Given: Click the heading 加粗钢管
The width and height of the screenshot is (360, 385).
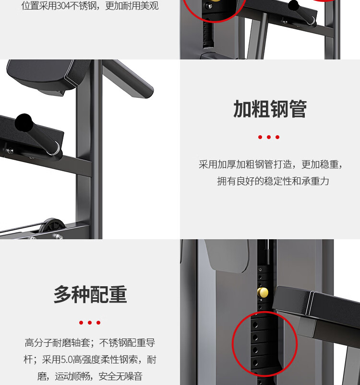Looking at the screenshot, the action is tap(270, 109).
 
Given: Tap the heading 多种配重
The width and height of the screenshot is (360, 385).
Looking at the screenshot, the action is tap(90, 294).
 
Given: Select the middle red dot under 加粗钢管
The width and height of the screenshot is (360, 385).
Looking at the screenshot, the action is tap(269, 137).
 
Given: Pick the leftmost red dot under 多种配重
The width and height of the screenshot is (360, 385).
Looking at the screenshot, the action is tap(81, 322).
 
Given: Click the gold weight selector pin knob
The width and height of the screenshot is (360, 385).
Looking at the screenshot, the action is tap(263, 292).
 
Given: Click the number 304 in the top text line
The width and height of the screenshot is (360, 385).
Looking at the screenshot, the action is tap(63, 6).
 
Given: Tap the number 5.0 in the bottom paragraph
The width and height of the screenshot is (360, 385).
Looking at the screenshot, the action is tap(67, 360).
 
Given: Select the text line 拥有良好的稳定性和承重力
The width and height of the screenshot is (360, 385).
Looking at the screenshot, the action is tap(273, 181).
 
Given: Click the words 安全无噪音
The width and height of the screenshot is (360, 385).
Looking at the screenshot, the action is tap(120, 376).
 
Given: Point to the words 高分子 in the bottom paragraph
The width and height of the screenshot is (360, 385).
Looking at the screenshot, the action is tap(38, 342).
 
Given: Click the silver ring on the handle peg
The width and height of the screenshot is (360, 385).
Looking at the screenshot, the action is tap(57, 149).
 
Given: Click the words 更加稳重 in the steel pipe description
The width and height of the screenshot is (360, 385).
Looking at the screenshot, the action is tap(320, 164).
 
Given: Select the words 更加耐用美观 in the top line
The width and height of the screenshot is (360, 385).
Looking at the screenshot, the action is tap(132, 6).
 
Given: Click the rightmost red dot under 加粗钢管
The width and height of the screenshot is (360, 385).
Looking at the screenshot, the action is tap(277, 137).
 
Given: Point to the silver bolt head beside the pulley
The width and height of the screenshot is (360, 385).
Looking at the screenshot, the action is tap(59, 236).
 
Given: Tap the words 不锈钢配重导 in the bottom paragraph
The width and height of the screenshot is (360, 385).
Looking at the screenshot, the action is tap(127, 342).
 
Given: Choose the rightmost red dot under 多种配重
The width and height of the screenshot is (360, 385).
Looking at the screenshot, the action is tap(98, 322).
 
